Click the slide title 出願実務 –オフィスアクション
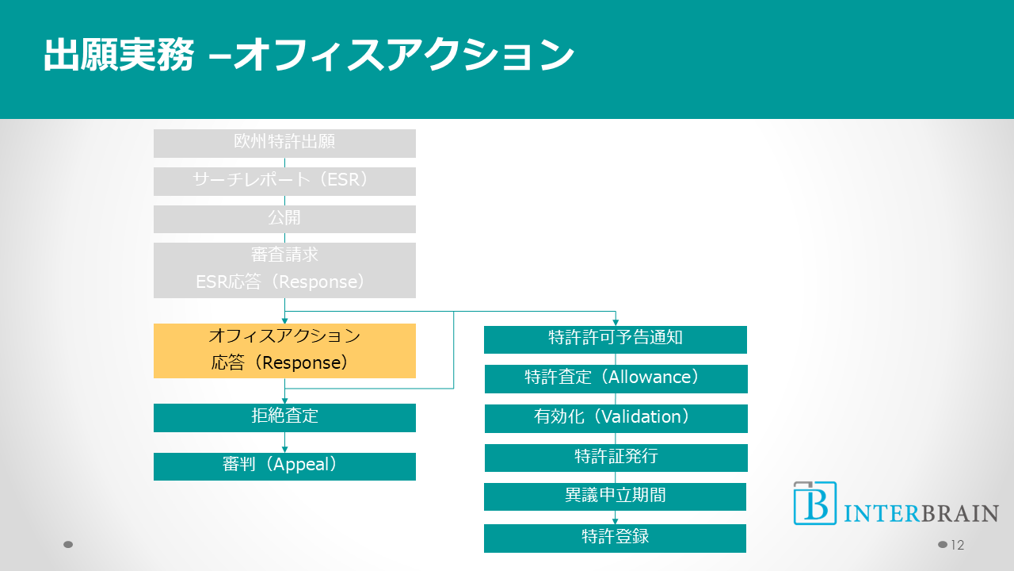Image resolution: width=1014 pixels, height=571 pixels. click(308, 56)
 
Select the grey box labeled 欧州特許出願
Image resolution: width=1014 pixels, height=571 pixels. click(284, 143)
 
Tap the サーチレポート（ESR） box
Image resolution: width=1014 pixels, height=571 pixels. click(284, 181)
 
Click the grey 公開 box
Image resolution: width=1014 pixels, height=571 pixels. click(284, 219)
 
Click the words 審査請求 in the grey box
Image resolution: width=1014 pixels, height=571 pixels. click(284, 255)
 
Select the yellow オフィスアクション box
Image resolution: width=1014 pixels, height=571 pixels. click(284, 350)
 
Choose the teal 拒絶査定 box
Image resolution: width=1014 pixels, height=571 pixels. click(284, 417)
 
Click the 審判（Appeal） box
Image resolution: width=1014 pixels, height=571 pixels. click(284, 466)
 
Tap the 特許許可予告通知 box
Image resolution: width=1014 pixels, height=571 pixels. click(616, 339)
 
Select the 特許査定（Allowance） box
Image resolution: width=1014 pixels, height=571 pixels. click(616, 378)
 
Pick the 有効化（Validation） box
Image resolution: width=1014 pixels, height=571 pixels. click(616, 418)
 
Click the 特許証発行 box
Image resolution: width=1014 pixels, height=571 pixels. click(616, 458)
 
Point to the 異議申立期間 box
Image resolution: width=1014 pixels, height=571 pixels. click(616, 496)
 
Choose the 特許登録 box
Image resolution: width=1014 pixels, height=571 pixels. click(616, 538)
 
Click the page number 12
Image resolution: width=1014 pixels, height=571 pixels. click(957, 545)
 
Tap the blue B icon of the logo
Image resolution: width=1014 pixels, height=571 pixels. click(814, 504)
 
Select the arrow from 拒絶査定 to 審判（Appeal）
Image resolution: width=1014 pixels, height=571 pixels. click(284, 443)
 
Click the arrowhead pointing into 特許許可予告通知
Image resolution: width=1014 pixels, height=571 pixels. click(616, 322)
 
